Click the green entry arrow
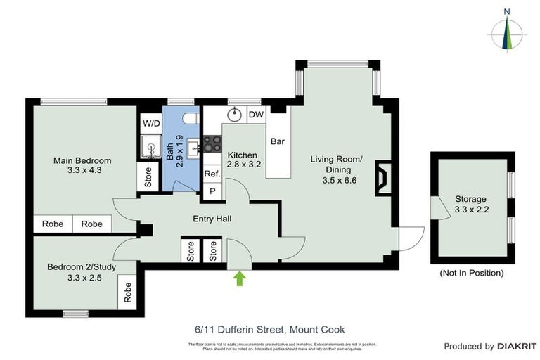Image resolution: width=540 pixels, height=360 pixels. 240,278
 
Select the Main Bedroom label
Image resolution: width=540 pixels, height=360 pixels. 82,165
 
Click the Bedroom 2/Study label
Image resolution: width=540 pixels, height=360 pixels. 74,272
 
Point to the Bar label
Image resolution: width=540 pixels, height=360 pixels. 278,141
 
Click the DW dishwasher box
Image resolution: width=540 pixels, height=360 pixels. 256,115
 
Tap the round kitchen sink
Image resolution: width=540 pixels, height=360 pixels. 234,115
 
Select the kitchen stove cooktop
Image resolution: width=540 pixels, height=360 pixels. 208,144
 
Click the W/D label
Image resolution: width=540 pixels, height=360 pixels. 151,123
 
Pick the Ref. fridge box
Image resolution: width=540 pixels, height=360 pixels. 212,174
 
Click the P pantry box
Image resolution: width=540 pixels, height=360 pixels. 212,191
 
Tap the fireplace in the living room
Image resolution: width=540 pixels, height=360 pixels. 382,177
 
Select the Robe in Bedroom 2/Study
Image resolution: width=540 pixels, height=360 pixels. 128,292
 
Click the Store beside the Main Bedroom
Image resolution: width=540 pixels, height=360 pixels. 148,177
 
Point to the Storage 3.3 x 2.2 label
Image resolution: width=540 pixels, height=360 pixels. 470,204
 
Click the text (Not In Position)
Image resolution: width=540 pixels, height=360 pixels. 471,273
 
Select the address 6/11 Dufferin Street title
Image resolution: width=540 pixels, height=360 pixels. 270,329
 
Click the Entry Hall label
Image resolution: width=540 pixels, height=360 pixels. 212,219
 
